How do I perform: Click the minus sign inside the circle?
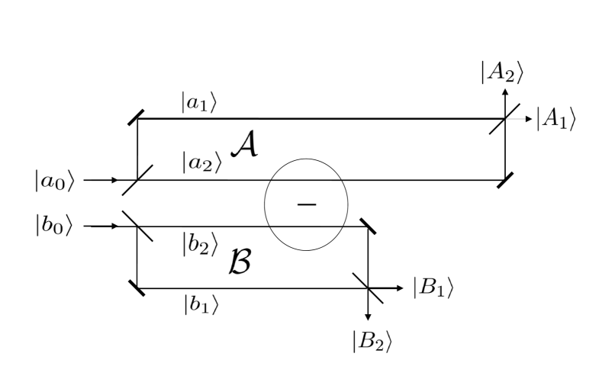point(306,207)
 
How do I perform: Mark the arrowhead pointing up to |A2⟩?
point(504,92)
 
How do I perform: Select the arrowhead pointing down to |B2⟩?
point(369,316)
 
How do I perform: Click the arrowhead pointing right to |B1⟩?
point(399,288)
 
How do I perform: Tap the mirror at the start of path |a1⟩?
point(137,117)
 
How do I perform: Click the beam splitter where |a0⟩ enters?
point(137,181)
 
